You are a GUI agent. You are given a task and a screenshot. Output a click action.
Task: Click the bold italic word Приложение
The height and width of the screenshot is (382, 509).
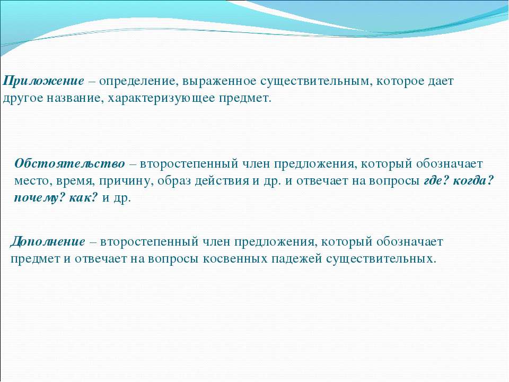[x=43, y=81]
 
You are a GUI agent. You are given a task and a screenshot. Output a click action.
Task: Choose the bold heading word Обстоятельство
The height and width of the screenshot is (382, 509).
[x=69, y=163]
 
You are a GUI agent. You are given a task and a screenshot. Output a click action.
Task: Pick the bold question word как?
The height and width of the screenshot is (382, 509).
[x=83, y=197]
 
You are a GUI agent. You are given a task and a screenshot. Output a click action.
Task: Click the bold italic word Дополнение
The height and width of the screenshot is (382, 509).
[x=48, y=242]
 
